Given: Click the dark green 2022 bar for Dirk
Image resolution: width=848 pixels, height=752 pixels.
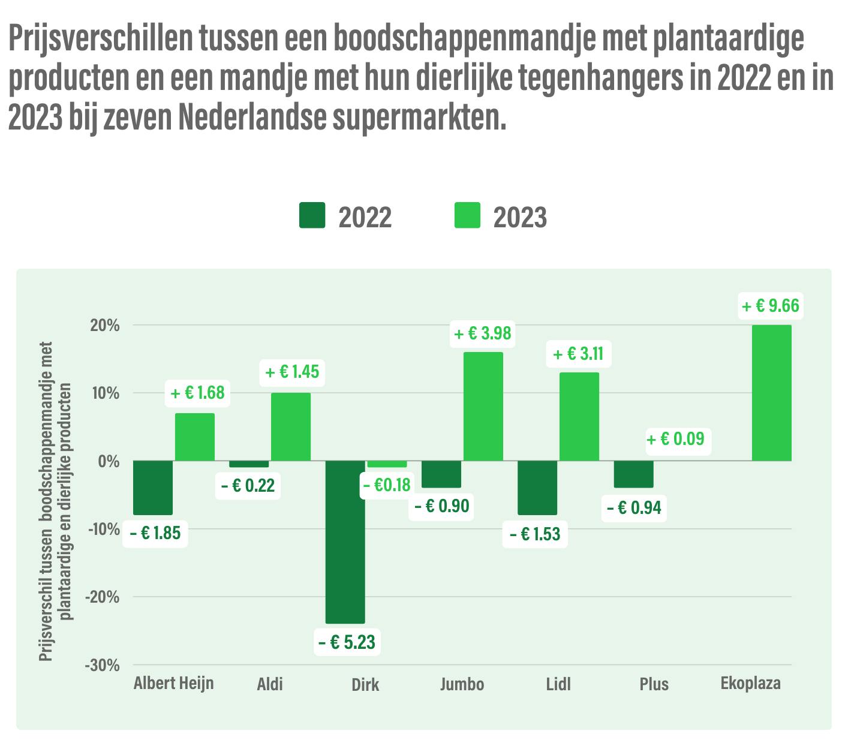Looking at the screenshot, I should [x=345, y=542].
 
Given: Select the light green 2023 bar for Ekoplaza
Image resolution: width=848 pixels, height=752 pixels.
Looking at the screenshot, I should [x=771, y=393].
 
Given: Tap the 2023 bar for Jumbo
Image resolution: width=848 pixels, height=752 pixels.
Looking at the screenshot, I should [x=483, y=406].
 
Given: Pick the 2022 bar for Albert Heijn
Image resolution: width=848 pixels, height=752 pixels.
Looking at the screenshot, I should [x=153, y=488].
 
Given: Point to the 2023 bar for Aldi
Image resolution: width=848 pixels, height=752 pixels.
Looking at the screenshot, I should [x=290, y=426].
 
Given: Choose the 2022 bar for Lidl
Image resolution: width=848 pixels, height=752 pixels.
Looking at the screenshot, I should [x=537, y=488].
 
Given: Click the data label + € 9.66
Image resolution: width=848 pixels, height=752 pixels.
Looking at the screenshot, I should [x=771, y=306].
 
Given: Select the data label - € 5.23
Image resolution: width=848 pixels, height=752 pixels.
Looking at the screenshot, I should [x=347, y=642].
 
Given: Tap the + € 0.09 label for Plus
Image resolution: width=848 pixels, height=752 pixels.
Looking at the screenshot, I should [x=675, y=439].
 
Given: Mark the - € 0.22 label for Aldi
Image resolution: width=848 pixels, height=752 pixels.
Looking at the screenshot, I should [x=248, y=485].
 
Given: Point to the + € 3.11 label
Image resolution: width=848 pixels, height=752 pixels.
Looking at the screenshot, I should [x=578, y=354].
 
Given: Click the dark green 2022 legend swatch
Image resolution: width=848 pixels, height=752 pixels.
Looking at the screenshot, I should [x=312, y=215].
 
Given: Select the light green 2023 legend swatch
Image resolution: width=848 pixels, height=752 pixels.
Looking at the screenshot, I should [x=467, y=215].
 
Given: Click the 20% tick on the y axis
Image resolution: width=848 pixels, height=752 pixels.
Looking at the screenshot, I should [x=106, y=326].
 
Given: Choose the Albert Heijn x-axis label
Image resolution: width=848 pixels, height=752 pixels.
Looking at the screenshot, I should [x=173, y=683].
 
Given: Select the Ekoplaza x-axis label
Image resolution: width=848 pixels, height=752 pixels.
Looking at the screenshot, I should [x=750, y=683].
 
